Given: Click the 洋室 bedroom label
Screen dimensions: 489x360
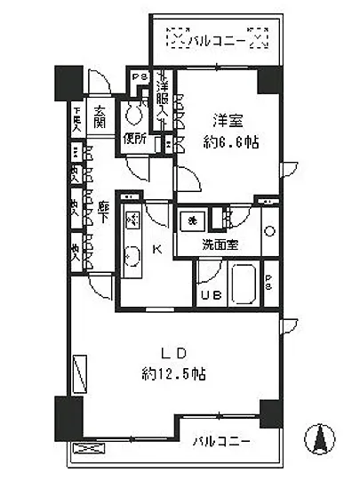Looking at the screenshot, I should [x=224, y=118].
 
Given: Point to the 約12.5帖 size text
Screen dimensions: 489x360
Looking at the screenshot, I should [x=173, y=374].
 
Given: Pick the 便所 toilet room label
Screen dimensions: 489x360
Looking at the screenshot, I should [x=135, y=140].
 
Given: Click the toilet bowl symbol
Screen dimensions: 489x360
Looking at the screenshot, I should [x=135, y=113].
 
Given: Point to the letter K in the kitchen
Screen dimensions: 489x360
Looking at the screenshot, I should [x=156, y=250].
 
